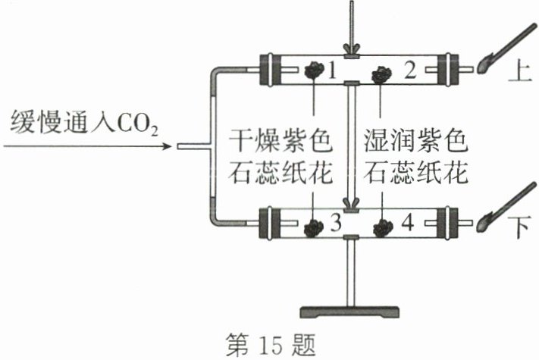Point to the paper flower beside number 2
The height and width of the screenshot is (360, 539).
(x=381, y=73)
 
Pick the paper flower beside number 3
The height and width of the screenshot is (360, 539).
(x=312, y=225)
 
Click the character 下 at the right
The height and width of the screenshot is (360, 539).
(x=522, y=226)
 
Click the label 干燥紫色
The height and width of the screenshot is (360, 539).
(x=280, y=139)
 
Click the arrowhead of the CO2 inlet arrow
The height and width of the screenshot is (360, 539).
(x=169, y=146)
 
